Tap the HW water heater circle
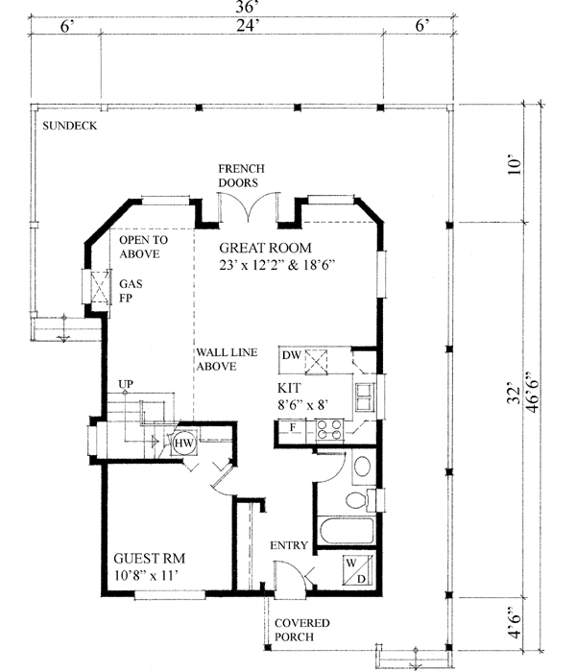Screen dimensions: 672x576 [x=183, y=444]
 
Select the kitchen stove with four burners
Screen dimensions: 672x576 [x=331, y=431]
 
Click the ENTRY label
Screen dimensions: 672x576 [x=288, y=545]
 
